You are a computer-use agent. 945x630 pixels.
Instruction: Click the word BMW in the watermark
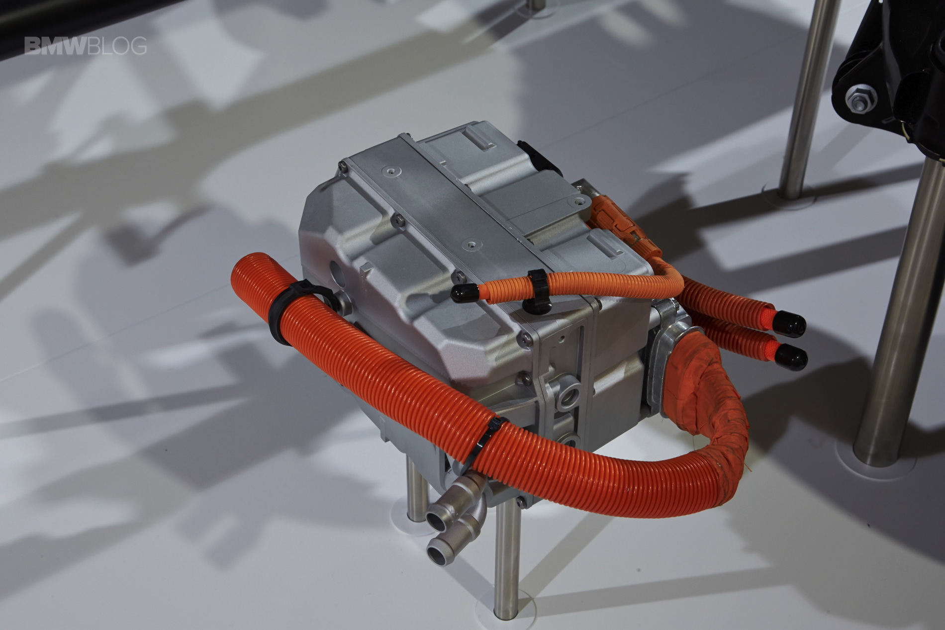tap(56, 46)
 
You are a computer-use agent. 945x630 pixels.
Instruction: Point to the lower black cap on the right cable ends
tap(791, 355)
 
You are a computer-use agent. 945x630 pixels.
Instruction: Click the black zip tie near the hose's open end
tap(293, 312)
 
